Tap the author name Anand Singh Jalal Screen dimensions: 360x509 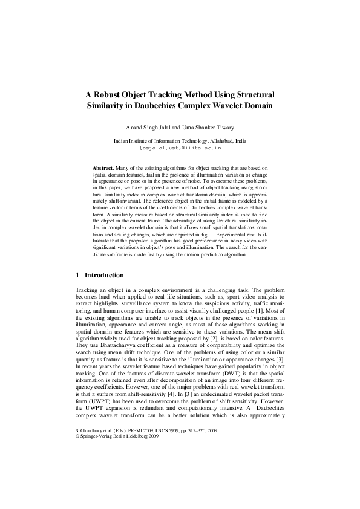pyautogui.click(x=146, y=128)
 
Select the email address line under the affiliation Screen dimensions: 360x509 pyautogui.click(x=180, y=146)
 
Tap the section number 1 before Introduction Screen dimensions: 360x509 pyautogui.click(x=77, y=275)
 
